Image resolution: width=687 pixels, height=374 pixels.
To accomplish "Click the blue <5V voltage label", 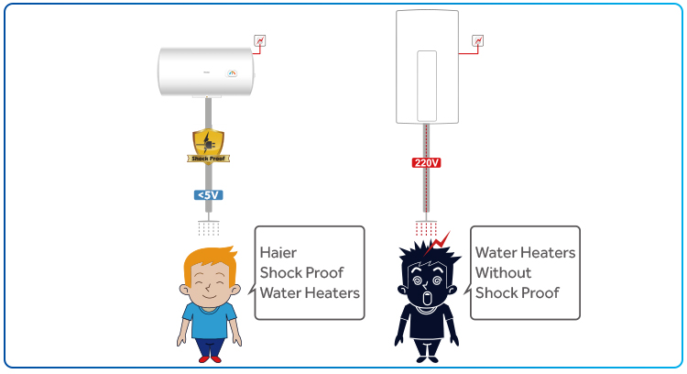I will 209,194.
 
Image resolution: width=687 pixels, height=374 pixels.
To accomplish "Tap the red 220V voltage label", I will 426,163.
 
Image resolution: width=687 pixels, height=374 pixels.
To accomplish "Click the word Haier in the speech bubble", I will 278,251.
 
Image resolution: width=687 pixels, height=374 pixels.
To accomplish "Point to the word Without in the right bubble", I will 503,272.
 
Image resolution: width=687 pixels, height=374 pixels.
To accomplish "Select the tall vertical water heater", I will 426,66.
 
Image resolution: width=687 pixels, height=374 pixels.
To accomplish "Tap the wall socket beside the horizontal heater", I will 260,40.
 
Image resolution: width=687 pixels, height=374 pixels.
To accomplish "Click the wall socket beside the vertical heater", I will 476,40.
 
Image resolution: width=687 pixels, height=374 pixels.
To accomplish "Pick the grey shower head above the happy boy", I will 209,226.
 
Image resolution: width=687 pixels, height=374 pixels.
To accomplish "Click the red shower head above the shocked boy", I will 426,226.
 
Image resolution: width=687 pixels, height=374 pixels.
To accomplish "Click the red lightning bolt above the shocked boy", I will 442,241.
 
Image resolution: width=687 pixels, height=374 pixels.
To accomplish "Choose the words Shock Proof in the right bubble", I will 517,292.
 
